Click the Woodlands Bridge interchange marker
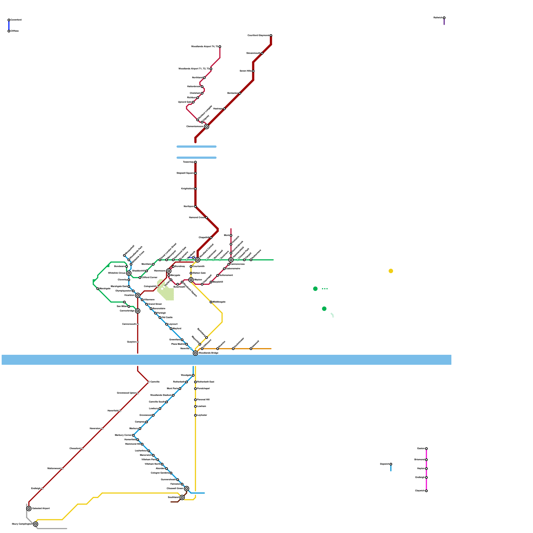coord(196,353)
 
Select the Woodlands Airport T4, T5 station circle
coord(220,47)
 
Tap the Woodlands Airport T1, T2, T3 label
coord(194,69)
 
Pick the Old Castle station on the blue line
coord(160,317)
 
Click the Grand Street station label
coord(155,304)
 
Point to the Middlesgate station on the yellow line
coord(211,302)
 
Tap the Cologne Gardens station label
coord(160,473)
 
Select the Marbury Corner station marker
coord(133,435)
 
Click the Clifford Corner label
coord(150,277)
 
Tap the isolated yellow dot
coord(391,271)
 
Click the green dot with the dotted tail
coord(315,289)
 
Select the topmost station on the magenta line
coord(426,449)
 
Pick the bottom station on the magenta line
coord(426,491)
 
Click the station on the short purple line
coord(444,18)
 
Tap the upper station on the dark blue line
coord(9,20)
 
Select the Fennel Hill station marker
coord(196,400)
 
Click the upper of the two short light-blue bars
coord(197,147)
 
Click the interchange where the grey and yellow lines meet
coord(36,524)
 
